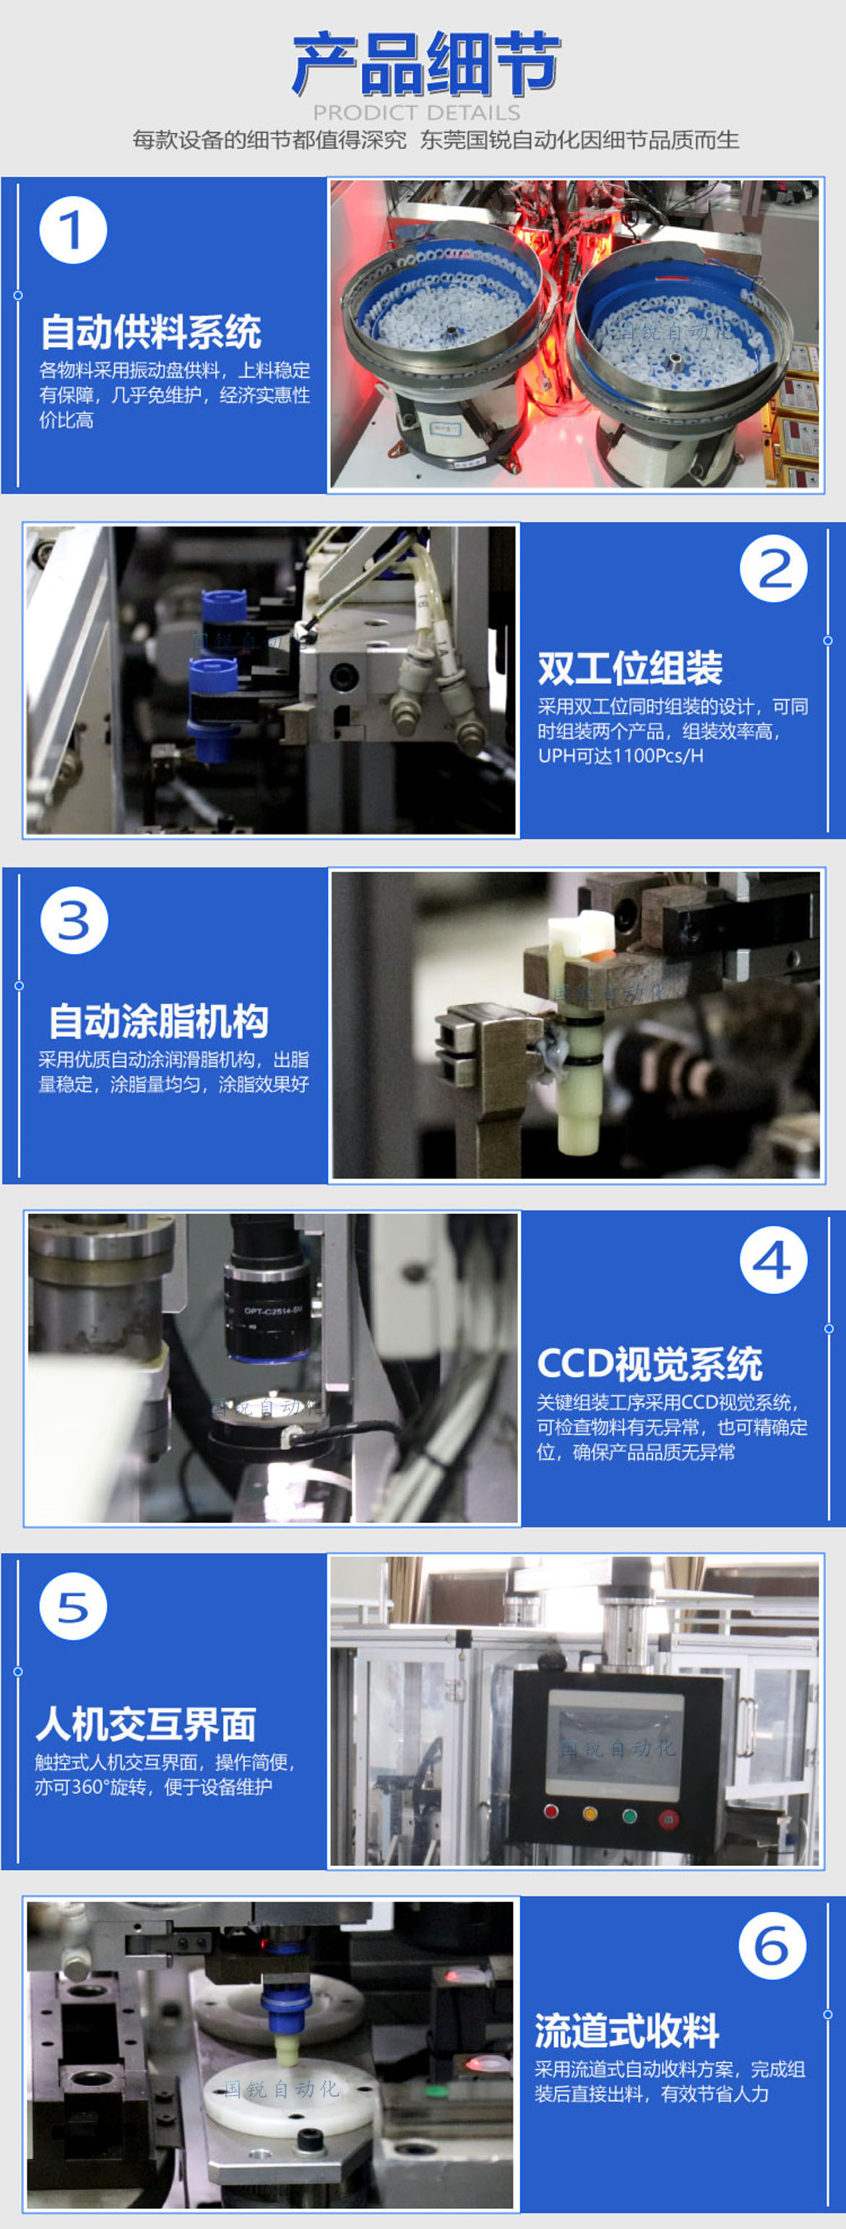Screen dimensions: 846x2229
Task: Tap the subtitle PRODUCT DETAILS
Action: click(x=417, y=113)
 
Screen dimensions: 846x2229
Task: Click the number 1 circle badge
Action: click(x=73, y=230)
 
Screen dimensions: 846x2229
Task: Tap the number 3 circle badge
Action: click(x=74, y=920)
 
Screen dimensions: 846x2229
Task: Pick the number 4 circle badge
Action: click(x=773, y=1260)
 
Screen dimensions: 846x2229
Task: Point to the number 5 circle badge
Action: click(x=74, y=1606)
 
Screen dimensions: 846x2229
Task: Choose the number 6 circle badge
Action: click(x=772, y=1945)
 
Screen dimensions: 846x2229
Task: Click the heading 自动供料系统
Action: click(x=151, y=332)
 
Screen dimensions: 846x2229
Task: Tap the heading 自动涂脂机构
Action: click(x=158, y=1021)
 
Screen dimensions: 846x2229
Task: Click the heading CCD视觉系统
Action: click(x=649, y=1364)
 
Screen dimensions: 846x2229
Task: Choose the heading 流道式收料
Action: click(x=627, y=2031)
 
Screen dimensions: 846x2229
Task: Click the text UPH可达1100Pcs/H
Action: click(x=621, y=755)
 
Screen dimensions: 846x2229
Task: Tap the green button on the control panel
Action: click(x=629, y=1815)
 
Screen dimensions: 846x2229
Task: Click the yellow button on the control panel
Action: click(x=590, y=1813)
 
